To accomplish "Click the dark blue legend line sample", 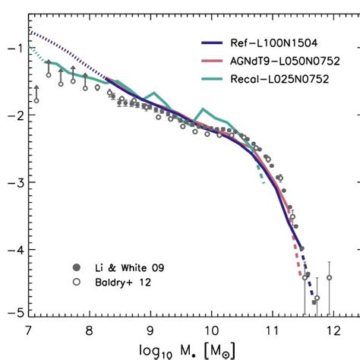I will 210,46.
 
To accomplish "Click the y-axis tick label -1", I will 13,47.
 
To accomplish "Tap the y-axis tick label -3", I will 13,182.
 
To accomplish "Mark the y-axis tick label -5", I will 13,311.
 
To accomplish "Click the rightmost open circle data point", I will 329,277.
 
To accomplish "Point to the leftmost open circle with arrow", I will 36,99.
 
